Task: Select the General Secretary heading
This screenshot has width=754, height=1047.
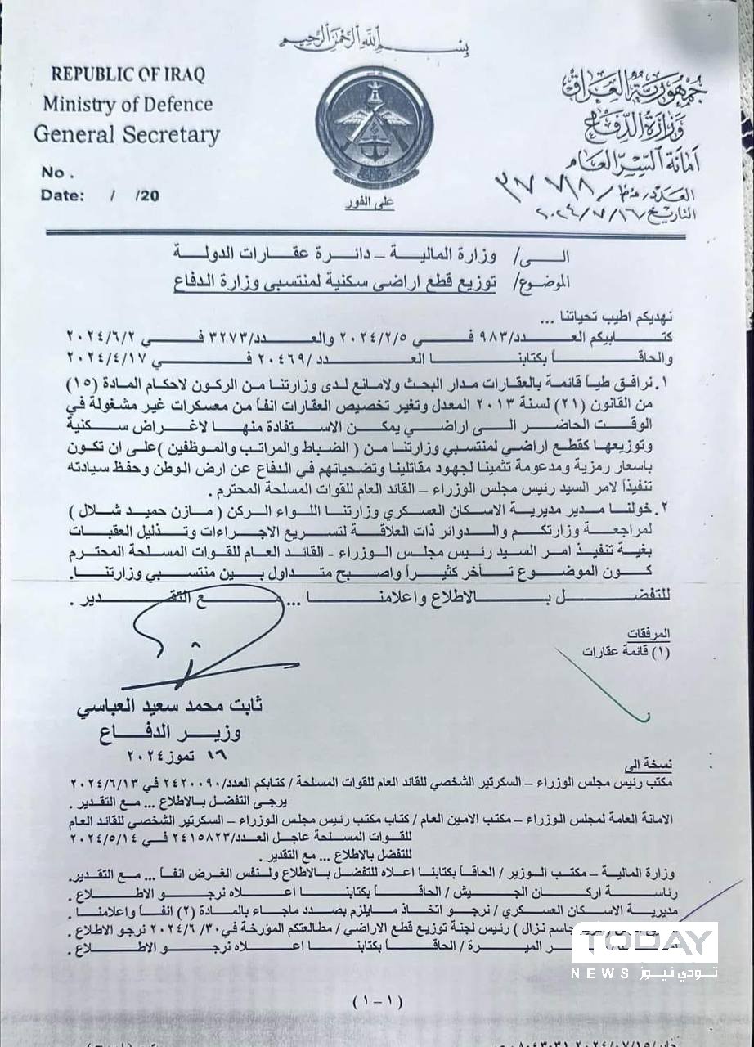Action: click(127, 133)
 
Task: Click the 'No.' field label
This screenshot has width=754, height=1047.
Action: click(58, 173)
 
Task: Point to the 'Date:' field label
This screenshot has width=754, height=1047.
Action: click(62, 195)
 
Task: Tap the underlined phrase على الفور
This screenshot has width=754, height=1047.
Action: click(372, 200)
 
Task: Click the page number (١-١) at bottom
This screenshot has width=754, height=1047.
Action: click(375, 1000)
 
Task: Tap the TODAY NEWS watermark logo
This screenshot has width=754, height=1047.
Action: click(646, 951)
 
